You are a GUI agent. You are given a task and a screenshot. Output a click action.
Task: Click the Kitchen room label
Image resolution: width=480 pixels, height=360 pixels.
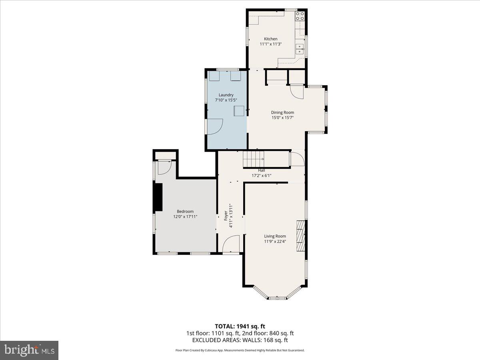[x=270, y=39]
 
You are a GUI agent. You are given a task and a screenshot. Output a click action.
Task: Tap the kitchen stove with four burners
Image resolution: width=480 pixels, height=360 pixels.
[x=300, y=16]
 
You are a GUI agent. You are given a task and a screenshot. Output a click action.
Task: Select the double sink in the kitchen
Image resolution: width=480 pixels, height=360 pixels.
[x=300, y=49]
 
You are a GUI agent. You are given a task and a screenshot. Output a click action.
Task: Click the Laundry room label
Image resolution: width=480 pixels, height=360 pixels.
[x=226, y=95]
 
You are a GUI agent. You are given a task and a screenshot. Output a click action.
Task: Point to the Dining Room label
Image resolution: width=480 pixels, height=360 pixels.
[x=282, y=112]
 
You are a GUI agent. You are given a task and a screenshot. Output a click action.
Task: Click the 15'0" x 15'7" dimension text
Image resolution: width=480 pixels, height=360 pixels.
[x=282, y=118]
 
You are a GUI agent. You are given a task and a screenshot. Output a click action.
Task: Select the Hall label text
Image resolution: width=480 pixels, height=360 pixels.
[x=261, y=170]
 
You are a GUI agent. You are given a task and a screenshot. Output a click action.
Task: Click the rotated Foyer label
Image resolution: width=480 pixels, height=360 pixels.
[x=226, y=216]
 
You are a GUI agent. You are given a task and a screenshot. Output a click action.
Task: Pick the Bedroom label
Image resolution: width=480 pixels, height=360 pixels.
[x=185, y=212]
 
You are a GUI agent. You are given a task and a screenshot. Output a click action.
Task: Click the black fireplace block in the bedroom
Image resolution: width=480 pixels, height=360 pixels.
[x=159, y=197]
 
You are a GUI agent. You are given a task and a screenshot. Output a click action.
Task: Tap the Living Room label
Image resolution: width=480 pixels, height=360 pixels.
[x=275, y=236]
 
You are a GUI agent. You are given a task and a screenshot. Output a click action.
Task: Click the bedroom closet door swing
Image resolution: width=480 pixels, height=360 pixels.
[x=164, y=168]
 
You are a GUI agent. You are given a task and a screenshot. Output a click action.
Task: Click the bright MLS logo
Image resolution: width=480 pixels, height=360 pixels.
[x=29, y=350]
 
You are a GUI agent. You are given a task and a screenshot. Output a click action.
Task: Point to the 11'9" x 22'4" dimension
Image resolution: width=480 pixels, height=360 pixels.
[x=275, y=241]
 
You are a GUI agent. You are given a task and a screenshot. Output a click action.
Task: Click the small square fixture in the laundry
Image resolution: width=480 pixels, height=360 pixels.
[x=239, y=111]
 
